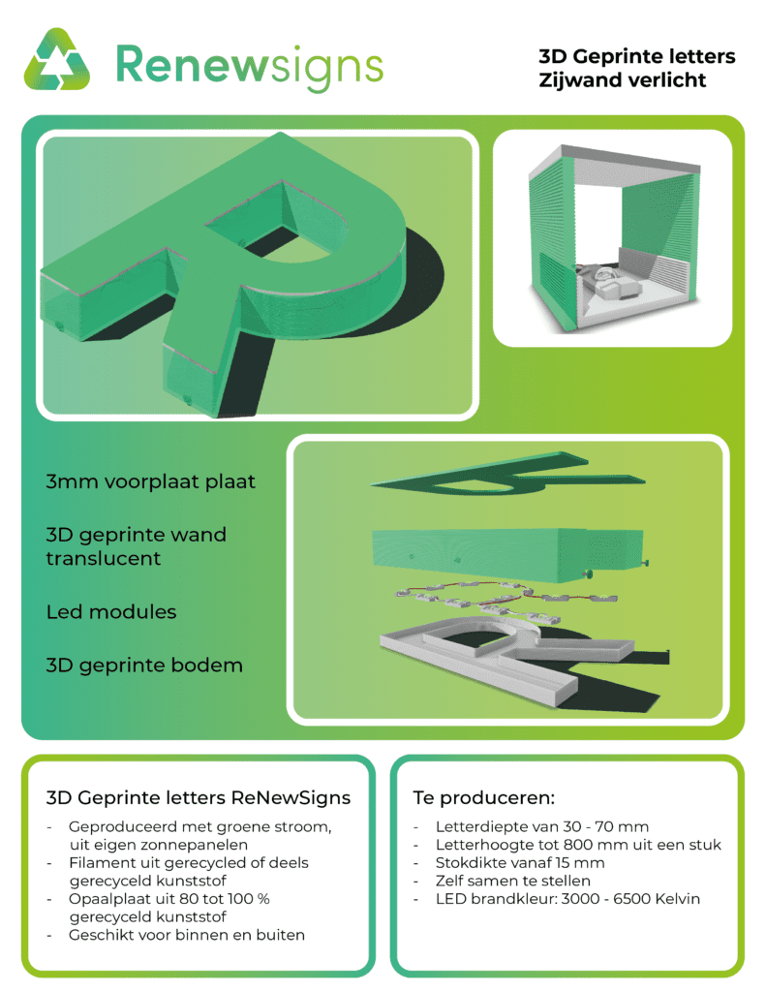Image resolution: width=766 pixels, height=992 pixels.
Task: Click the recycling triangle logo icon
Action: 56,59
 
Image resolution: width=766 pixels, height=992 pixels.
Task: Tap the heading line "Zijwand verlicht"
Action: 623,80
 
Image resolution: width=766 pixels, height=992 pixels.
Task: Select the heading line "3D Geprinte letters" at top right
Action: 637,57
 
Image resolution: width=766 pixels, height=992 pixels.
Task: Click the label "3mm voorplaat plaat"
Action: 150,481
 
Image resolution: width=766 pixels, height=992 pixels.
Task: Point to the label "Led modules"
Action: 111,612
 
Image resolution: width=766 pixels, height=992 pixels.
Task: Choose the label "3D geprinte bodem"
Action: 144,666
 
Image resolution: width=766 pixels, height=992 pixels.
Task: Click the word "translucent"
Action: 103,559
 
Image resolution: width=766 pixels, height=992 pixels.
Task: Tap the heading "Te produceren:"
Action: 484,798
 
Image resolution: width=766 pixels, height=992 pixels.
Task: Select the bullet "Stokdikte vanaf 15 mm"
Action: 520,863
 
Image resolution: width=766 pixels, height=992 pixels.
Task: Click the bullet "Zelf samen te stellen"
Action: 513,881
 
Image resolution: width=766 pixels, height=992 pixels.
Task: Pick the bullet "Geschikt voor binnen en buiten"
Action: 187,935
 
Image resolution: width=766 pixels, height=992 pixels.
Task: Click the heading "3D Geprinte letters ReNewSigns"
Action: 198,798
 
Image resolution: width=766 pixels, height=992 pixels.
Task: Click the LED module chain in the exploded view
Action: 506,598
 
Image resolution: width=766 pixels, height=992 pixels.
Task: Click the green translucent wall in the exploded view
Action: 506,554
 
